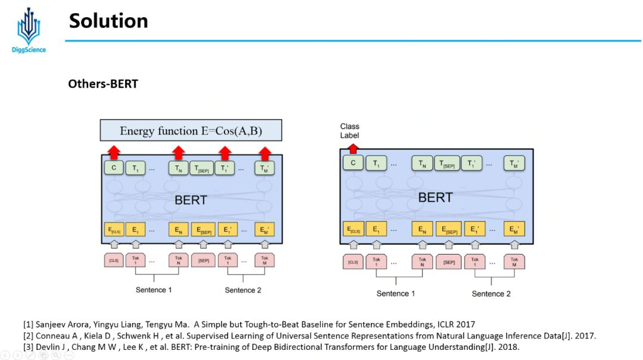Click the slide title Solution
108,21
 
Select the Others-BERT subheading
103,84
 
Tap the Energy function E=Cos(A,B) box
191,131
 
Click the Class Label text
349,130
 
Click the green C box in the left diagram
113,168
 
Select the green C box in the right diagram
353,163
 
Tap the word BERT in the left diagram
191,200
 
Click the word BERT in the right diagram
435,198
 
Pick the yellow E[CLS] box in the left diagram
114,229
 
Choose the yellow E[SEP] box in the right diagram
449,228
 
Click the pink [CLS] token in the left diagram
114,261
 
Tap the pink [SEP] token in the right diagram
449,262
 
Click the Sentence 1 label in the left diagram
154,290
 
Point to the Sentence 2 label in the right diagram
491,293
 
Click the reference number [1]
28,324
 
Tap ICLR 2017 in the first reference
455,324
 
